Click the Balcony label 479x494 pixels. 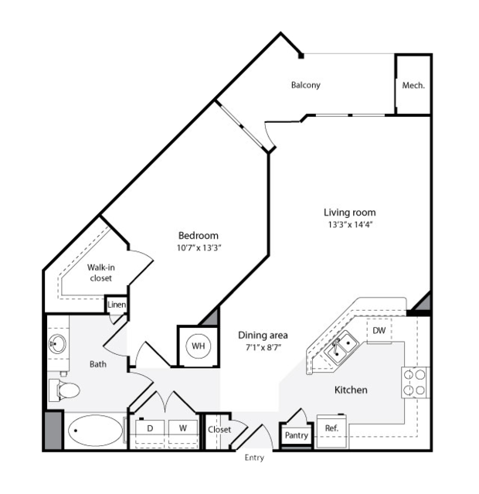pyautogui.click(x=305, y=85)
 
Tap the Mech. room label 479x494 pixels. pyautogui.click(x=413, y=85)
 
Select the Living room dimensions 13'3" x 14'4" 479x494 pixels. pyautogui.click(x=350, y=225)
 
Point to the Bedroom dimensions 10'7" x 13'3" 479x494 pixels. pyautogui.click(x=199, y=248)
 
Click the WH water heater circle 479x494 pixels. pyautogui.click(x=199, y=346)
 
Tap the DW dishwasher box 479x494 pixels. pyautogui.click(x=379, y=330)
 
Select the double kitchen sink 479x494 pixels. pyautogui.click(x=341, y=347)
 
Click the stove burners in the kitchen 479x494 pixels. pyautogui.click(x=415, y=383)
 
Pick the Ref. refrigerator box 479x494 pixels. pyautogui.click(x=331, y=431)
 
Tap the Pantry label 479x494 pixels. pyautogui.click(x=297, y=435)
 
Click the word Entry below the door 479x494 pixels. pyautogui.click(x=254, y=458)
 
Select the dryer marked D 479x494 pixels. pyautogui.click(x=150, y=428)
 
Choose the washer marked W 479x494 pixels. pyautogui.click(x=183, y=428)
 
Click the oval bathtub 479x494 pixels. pyautogui.click(x=95, y=431)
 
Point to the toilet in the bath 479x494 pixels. pyautogui.click(x=64, y=390)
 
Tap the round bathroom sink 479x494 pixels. pyautogui.click(x=57, y=344)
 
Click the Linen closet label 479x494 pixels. pyautogui.click(x=117, y=305)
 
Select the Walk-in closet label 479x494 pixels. pyautogui.click(x=100, y=273)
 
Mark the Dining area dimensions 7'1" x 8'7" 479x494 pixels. pyautogui.click(x=263, y=348)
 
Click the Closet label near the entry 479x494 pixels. pyautogui.click(x=219, y=429)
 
